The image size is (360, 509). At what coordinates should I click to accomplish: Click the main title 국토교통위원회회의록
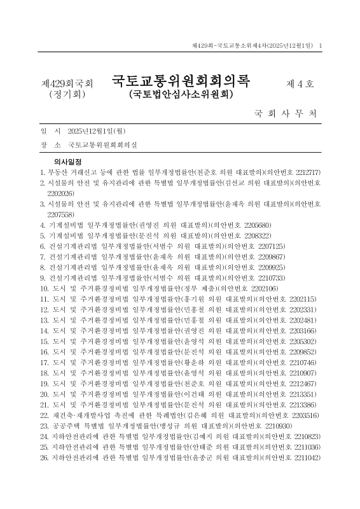181,82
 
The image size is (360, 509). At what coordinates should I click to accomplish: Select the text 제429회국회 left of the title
66,83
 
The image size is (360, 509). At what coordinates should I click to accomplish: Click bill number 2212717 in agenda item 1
306,172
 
